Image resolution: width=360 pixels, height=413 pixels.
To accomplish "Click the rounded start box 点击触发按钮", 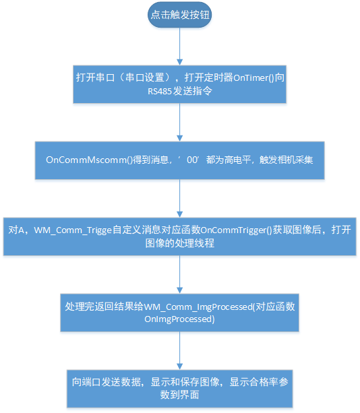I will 179,15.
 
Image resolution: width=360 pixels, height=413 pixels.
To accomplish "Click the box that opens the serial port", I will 180,84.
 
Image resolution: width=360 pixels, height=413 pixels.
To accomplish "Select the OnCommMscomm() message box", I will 180,161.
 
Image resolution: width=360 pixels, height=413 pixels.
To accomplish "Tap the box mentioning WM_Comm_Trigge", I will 180,236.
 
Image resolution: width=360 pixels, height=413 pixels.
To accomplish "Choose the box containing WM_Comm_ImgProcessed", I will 180,313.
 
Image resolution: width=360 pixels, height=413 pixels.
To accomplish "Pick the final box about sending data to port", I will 180,389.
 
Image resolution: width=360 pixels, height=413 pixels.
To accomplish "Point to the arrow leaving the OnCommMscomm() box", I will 180,198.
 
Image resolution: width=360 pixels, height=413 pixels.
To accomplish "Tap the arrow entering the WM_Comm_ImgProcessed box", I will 180,274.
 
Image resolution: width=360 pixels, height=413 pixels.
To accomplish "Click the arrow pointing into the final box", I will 180,350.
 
